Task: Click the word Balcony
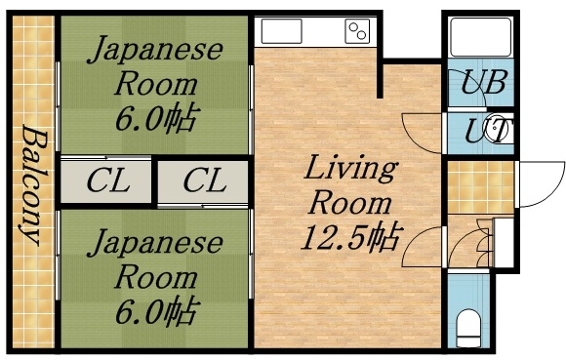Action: [32, 185]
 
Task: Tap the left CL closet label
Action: [107, 181]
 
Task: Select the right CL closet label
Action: [204, 181]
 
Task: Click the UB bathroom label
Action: [483, 83]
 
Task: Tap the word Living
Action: [349, 169]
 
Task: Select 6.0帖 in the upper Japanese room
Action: [155, 120]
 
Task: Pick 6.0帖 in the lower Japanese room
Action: [155, 313]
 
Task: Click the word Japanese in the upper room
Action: [156, 50]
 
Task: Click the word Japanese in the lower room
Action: [156, 243]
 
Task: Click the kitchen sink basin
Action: [282, 31]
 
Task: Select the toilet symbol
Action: [470, 325]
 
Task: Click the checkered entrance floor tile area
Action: [479, 185]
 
